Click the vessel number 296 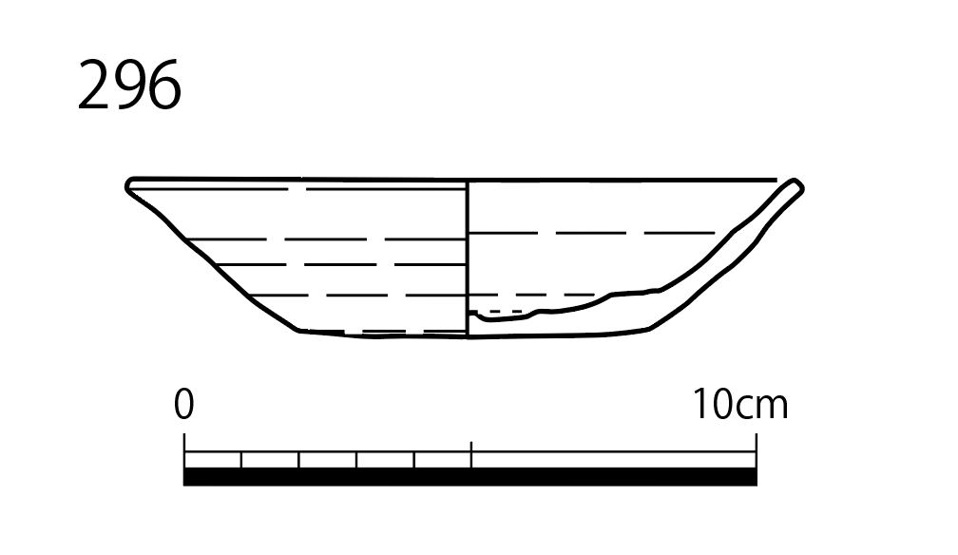click(x=129, y=85)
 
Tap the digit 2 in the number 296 click(x=94, y=85)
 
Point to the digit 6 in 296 click(x=165, y=85)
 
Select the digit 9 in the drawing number click(x=129, y=85)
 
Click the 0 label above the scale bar click(x=184, y=404)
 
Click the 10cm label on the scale click(x=739, y=404)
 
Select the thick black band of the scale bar click(x=470, y=477)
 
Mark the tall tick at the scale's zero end click(x=184, y=451)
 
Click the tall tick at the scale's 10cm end click(x=757, y=451)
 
